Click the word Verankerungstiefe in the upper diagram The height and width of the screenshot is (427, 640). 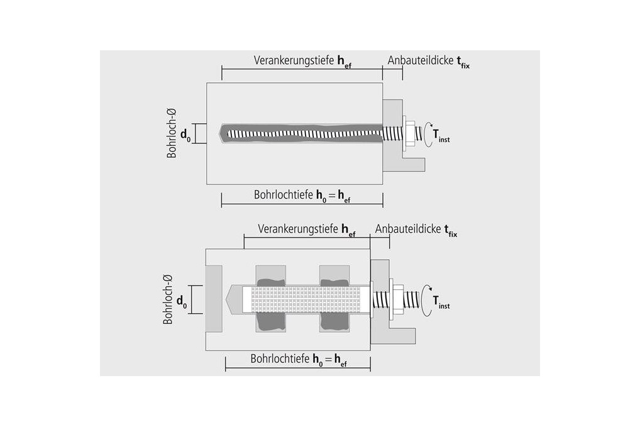coord(294,61)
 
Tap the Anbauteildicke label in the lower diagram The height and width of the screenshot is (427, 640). coord(408,229)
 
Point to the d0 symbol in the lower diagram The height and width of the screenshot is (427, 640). coord(181,302)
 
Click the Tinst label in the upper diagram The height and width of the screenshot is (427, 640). coord(441,136)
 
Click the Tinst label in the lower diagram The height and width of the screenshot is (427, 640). coord(442,302)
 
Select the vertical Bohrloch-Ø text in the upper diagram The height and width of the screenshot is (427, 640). coord(172,134)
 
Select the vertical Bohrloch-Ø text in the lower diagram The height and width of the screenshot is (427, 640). coord(168,299)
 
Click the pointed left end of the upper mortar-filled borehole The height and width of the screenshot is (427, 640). coord(222,133)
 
